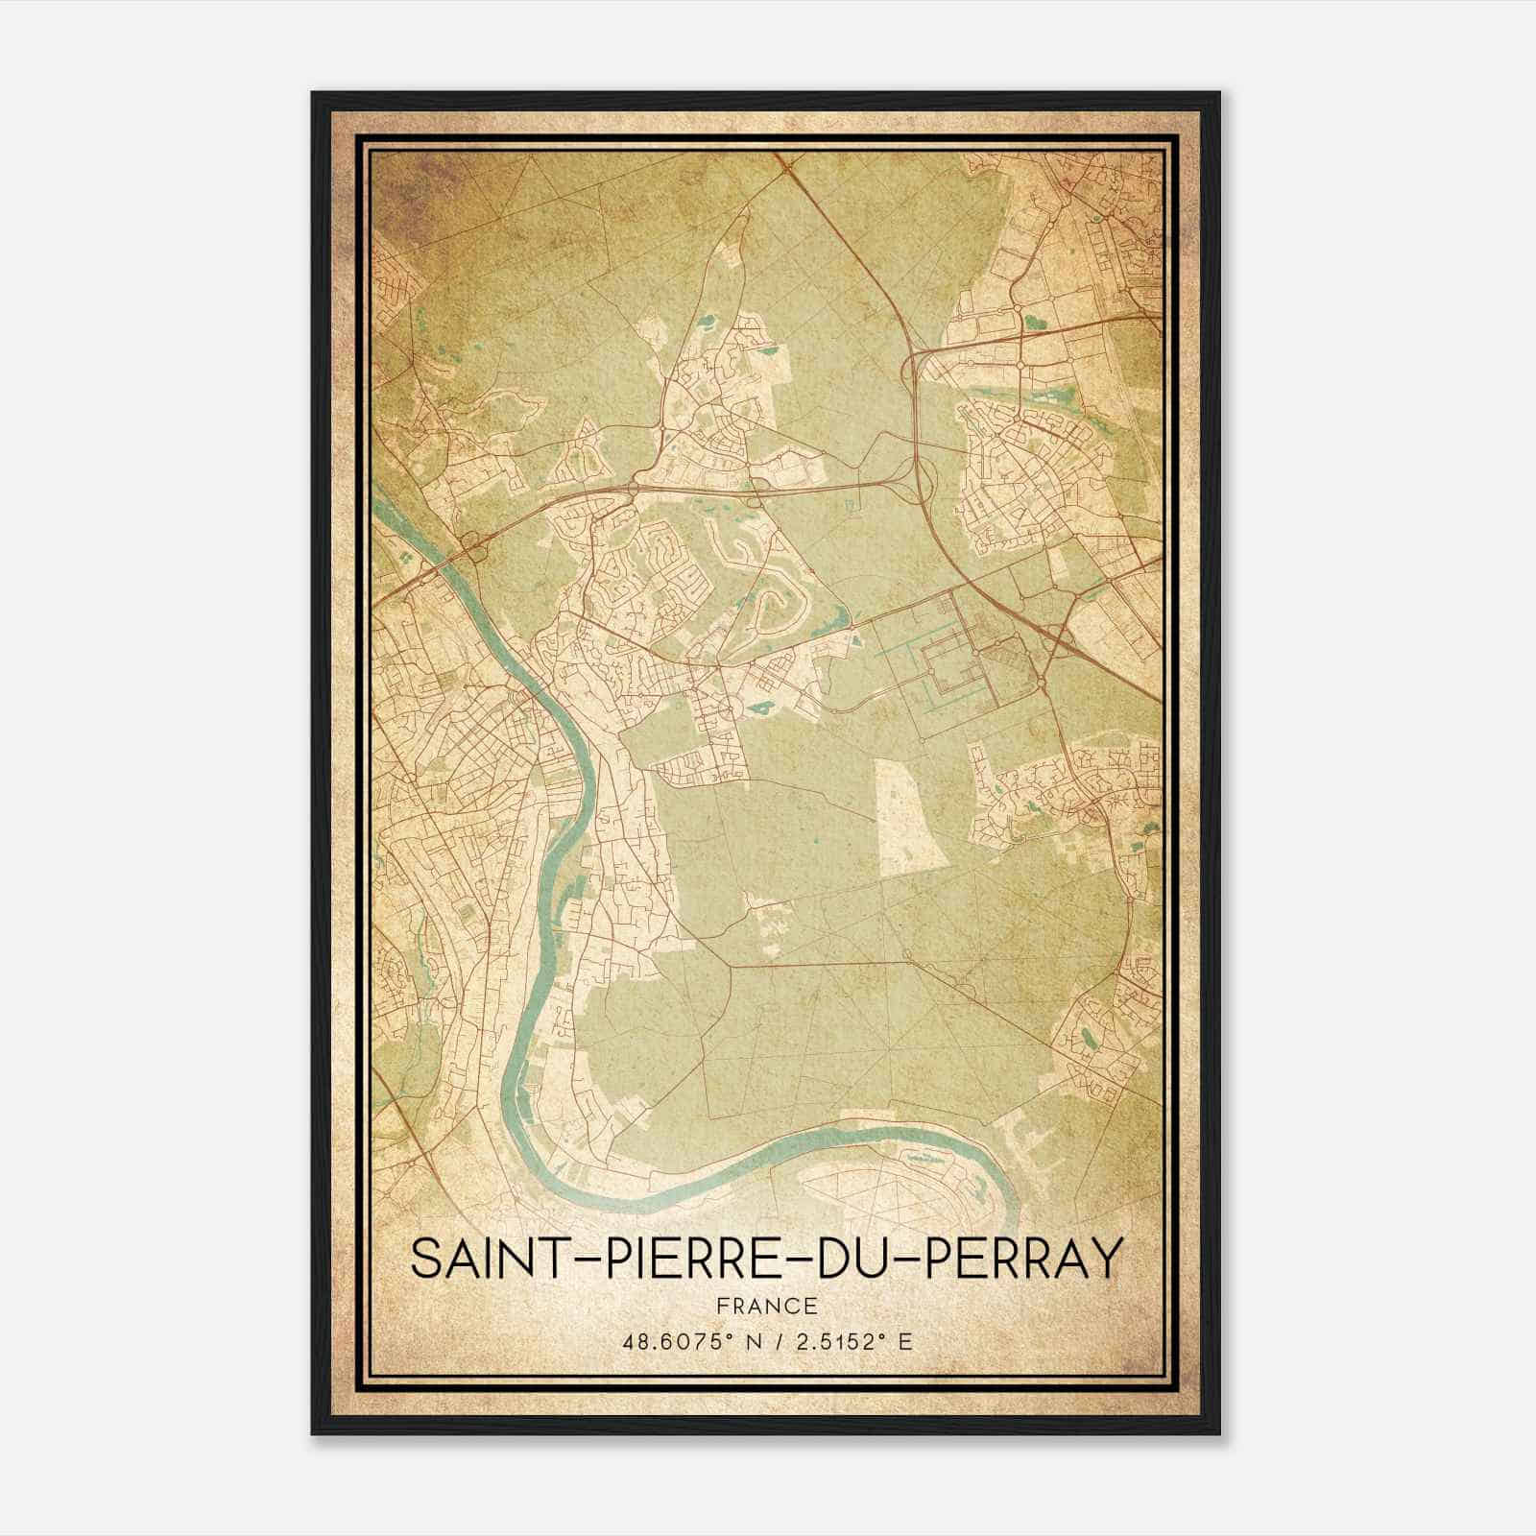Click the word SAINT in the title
(x=488, y=1260)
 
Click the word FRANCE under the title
(x=765, y=1307)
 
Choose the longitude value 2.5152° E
(x=858, y=1342)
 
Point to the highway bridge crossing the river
(x=474, y=548)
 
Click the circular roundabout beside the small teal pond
(x=1019, y=366)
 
